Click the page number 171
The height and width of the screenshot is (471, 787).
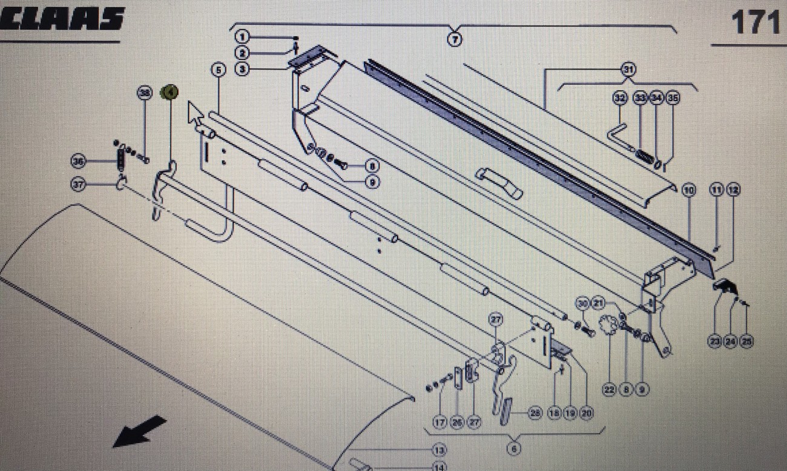click(x=756, y=23)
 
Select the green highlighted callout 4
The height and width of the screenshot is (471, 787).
click(x=169, y=93)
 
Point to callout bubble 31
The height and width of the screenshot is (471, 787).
click(x=628, y=70)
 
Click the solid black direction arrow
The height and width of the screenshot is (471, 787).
click(x=140, y=430)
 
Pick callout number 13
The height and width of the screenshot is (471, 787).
click(x=438, y=450)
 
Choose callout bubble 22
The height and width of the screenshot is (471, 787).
click(x=609, y=390)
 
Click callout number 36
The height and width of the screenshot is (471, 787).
click(x=78, y=161)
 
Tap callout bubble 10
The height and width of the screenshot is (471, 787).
click(x=689, y=190)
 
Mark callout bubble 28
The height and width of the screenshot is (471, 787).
click(x=534, y=413)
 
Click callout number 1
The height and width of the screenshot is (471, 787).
click(x=242, y=37)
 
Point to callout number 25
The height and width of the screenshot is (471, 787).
click(x=747, y=341)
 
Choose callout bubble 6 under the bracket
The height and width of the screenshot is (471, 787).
click(x=513, y=449)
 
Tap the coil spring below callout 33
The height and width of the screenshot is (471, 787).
click(x=645, y=156)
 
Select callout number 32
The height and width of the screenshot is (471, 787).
click(x=619, y=97)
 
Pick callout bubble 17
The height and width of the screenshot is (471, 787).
click(x=440, y=423)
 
